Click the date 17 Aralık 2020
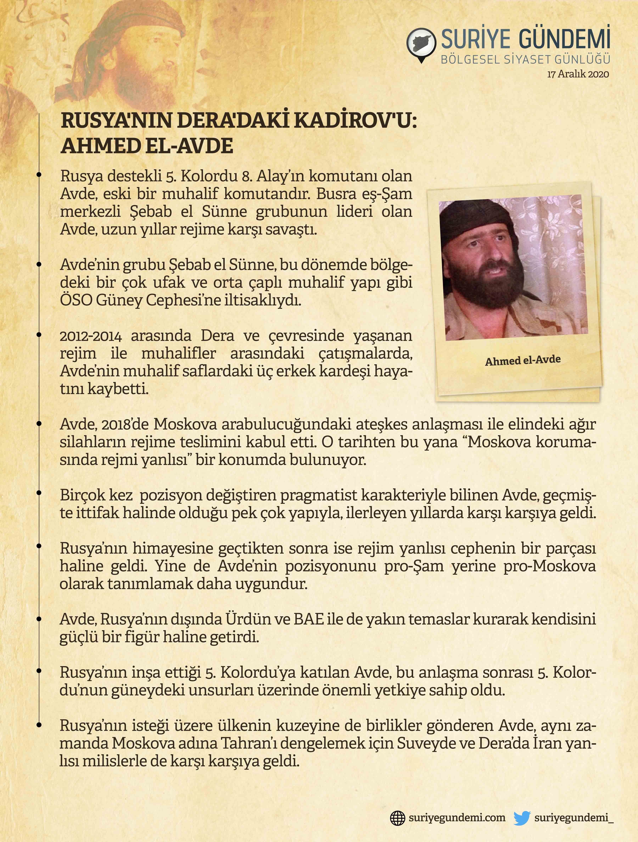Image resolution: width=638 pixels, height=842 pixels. coord(578,74)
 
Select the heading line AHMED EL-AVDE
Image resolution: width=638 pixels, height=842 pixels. coord(147,146)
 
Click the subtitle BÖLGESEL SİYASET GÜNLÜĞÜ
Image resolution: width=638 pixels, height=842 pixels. coord(525,59)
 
